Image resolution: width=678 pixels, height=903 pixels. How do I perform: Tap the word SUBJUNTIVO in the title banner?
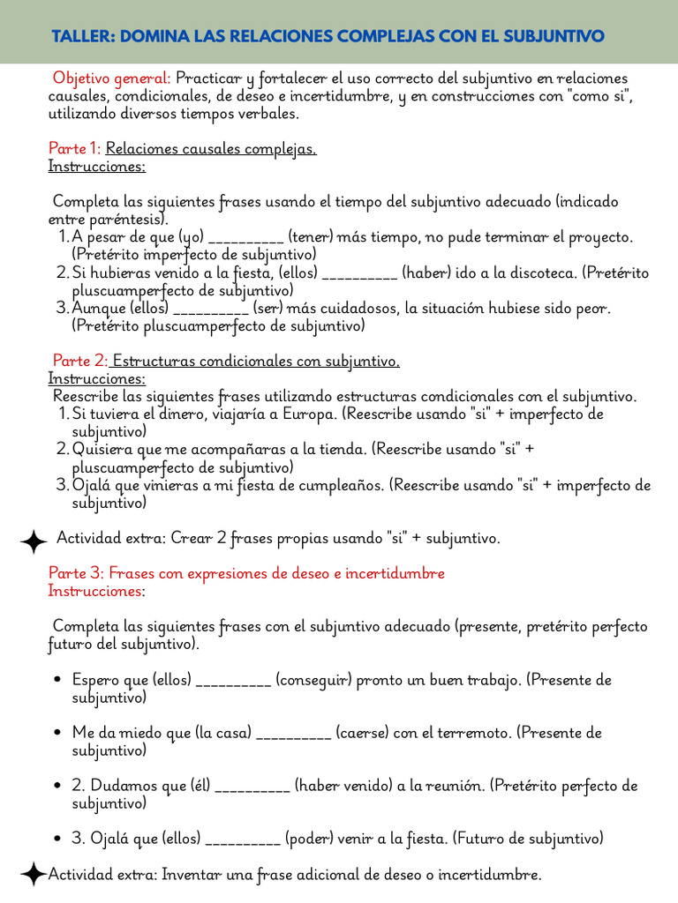(x=554, y=36)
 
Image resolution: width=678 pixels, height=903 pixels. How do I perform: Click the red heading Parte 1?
(x=75, y=149)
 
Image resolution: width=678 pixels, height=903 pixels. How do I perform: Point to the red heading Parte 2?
(x=79, y=361)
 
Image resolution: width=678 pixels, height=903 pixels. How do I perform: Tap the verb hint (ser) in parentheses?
(x=267, y=308)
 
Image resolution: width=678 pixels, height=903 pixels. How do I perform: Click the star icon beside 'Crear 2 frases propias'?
(x=33, y=540)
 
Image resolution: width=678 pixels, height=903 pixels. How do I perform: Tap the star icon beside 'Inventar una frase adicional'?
(x=33, y=875)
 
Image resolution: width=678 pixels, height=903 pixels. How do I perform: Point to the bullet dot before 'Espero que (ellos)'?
(x=57, y=680)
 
